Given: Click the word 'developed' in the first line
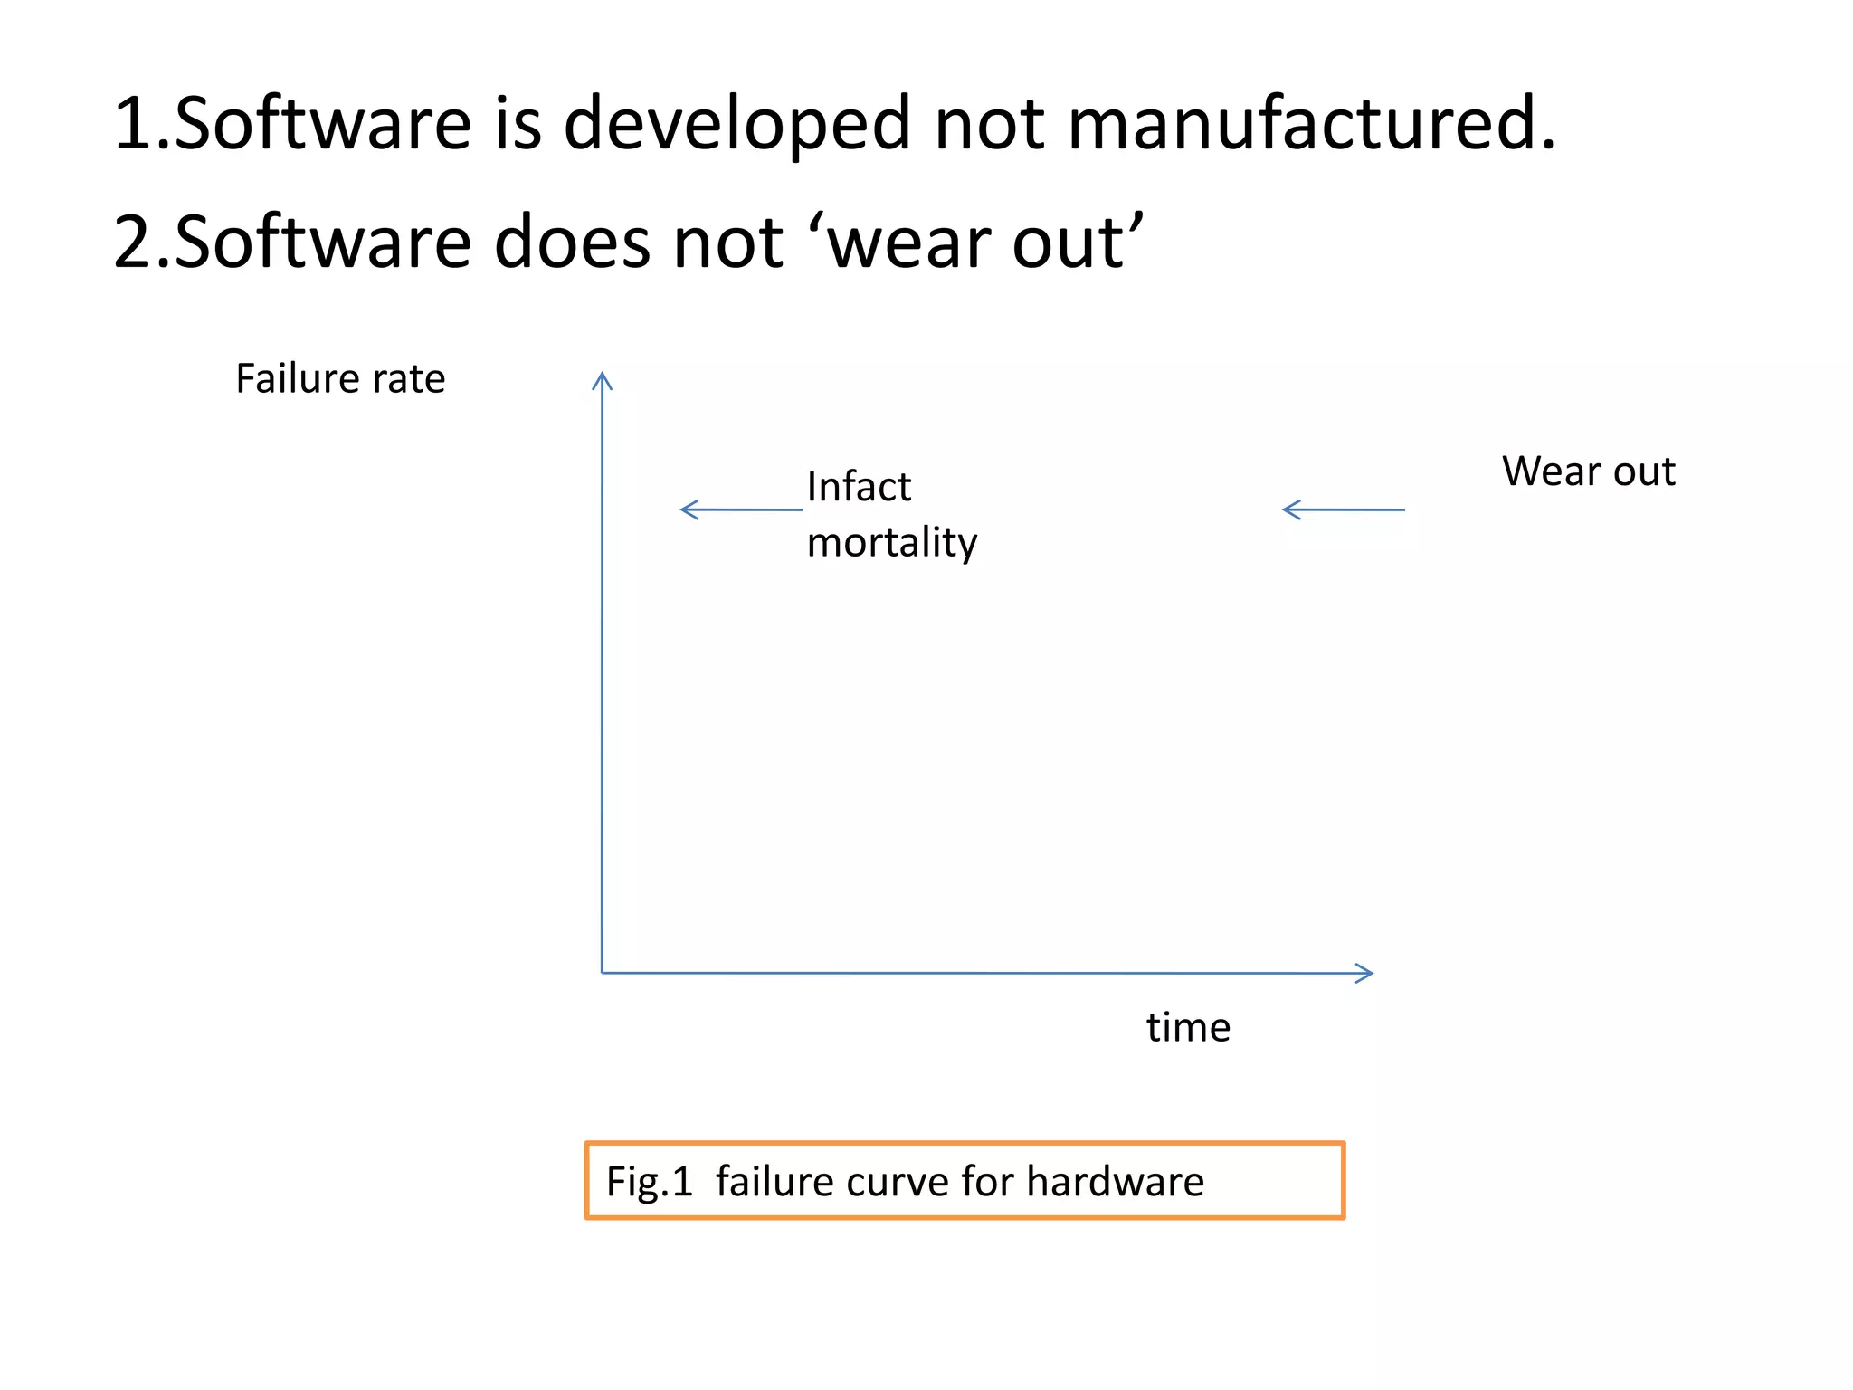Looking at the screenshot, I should click(x=736, y=125).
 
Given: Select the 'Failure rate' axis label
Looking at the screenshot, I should click(x=340, y=378).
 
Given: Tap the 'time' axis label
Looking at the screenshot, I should click(x=1188, y=1028).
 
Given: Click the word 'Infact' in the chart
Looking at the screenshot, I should click(x=859, y=487).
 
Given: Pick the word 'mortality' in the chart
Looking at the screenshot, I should click(x=892, y=543).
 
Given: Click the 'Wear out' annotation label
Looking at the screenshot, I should click(x=1589, y=471).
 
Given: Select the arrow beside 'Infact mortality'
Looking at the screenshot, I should click(x=740, y=509).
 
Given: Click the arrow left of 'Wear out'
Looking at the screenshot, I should click(x=1343, y=509).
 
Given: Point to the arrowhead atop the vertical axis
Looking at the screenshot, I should click(x=602, y=380).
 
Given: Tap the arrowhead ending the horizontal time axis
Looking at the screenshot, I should click(x=1364, y=973).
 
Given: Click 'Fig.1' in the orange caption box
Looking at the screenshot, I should click(x=649, y=1182).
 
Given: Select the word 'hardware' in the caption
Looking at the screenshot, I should click(x=1115, y=1182).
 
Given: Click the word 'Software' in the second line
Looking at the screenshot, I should click(x=323, y=243).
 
